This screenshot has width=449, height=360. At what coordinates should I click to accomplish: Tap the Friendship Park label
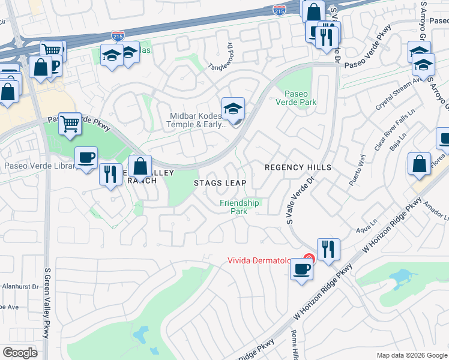pyautogui.click(x=240, y=207)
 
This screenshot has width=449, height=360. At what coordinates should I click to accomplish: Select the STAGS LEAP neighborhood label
pyautogui.click(x=220, y=182)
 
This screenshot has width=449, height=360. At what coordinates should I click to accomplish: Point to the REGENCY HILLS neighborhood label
pyautogui.click(x=298, y=167)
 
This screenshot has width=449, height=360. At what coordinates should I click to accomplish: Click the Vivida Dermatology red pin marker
pyautogui.click(x=307, y=259)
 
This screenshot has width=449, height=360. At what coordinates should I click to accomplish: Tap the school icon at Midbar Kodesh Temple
pyautogui.click(x=233, y=109)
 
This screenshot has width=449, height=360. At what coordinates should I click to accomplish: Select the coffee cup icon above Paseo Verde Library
pyautogui.click(x=86, y=158)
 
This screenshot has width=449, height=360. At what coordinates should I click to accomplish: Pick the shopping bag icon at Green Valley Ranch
pyautogui.click(x=140, y=166)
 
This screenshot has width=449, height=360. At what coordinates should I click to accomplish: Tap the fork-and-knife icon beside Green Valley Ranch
pyautogui.click(x=109, y=175)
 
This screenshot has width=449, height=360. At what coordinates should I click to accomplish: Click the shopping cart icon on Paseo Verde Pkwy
pyautogui.click(x=70, y=124)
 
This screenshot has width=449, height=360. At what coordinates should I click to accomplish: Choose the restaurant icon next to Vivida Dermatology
pyautogui.click(x=328, y=249)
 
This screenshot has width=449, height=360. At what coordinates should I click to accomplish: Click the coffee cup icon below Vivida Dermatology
pyautogui.click(x=301, y=269)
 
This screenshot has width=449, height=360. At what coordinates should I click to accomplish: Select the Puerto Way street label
pyautogui.click(x=358, y=169)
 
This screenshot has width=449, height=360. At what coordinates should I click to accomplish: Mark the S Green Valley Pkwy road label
pyautogui.click(x=47, y=303)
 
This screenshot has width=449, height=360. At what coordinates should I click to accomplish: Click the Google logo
pyautogui.click(x=20, y=352)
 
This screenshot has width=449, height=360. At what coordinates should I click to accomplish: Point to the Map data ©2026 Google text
pyautogui.click(x=411, y=355)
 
